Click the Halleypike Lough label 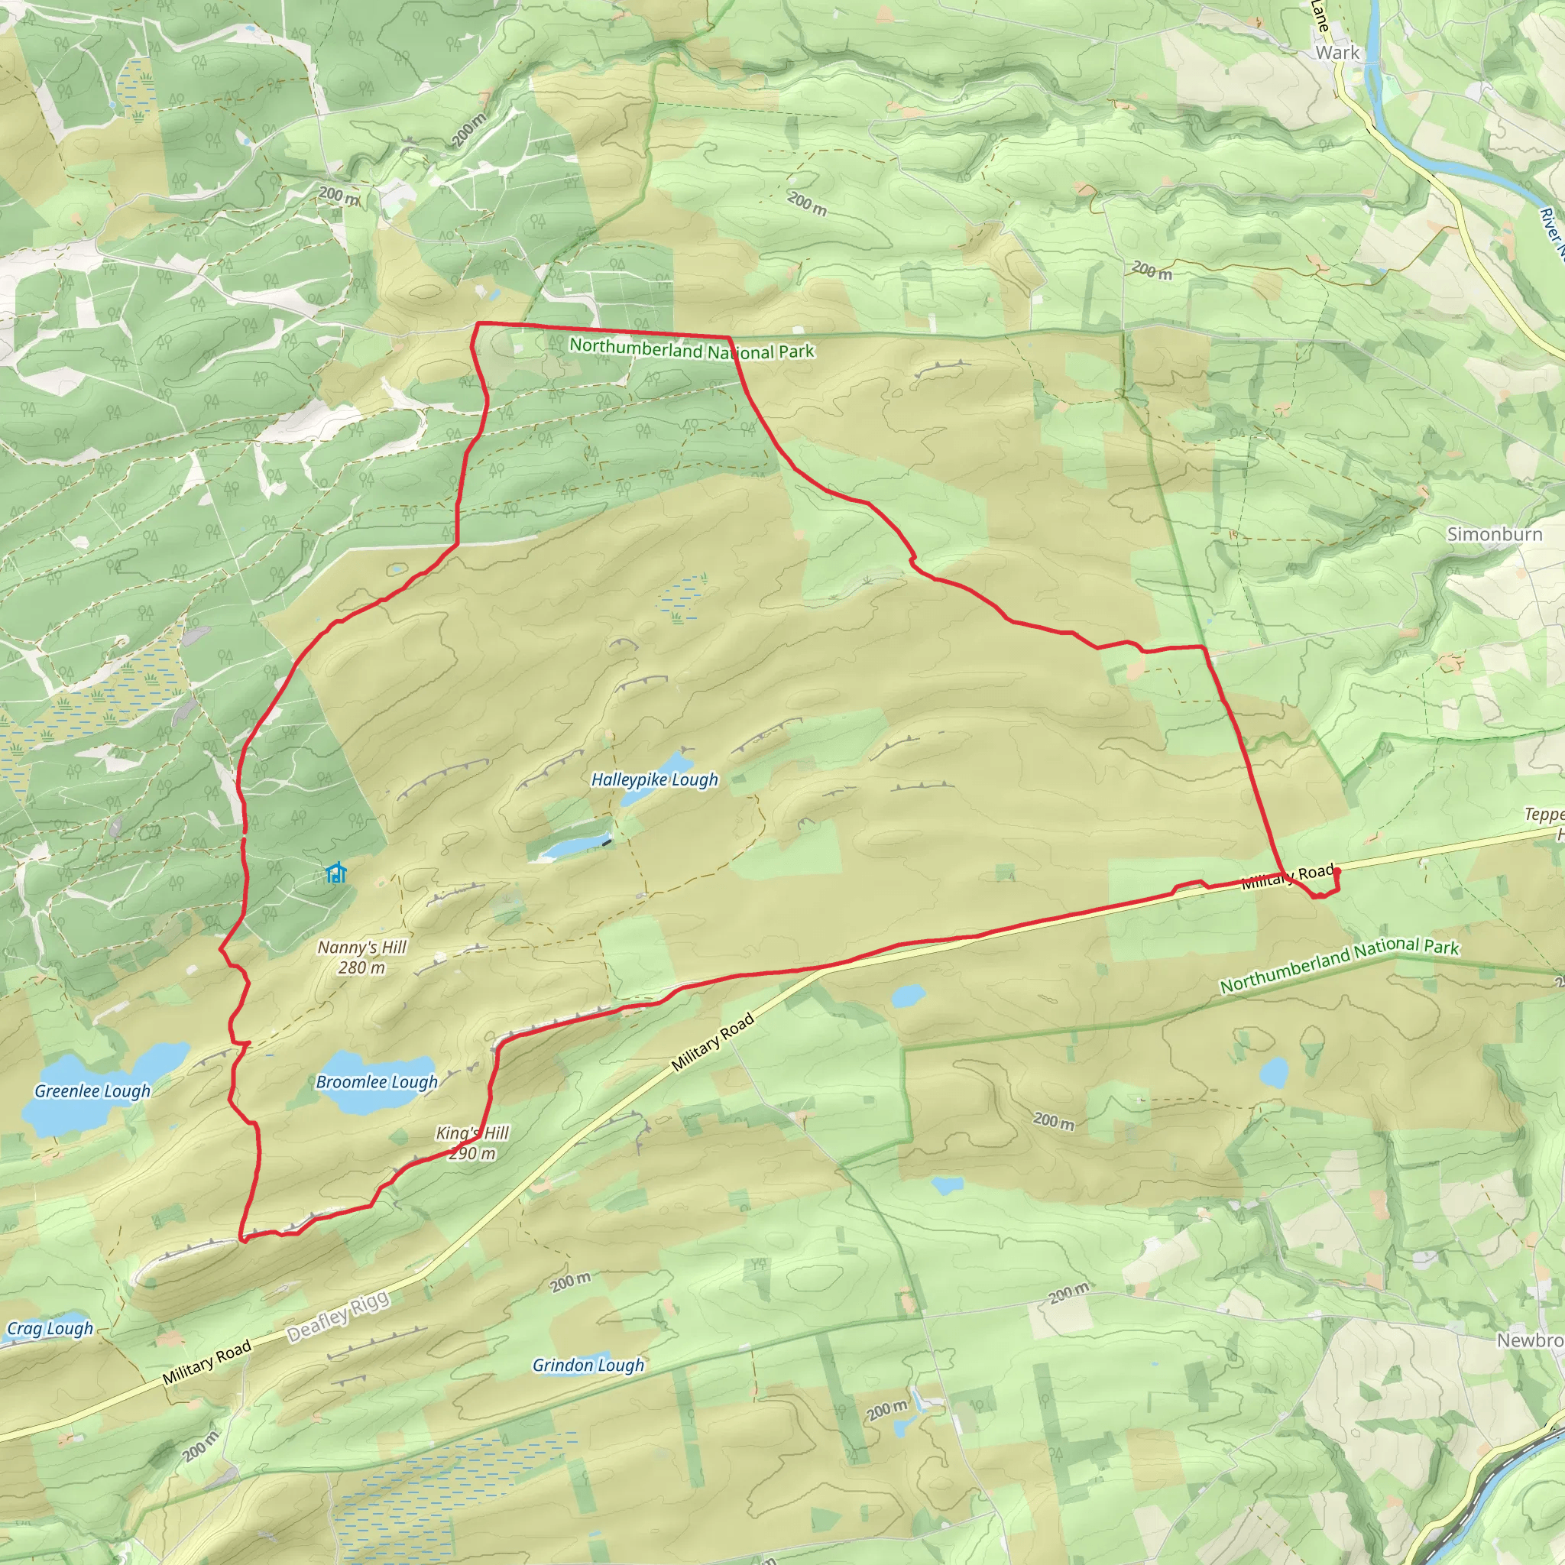coord(655,779)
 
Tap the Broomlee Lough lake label coord(377,1081)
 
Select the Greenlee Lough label coord(92,1090)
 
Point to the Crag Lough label coord(50,1328)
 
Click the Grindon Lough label coord(588,1365)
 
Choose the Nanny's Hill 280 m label coord(361,957)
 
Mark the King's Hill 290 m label coord(472,1142)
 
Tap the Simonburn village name coord(1495,534)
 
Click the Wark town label coord(1337,53)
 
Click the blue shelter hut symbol coord(335,873)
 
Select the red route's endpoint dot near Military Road coord(1336,872)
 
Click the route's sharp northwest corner coord(478,324)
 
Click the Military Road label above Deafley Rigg coord(712,1042)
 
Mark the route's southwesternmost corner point coord(241,1239)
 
